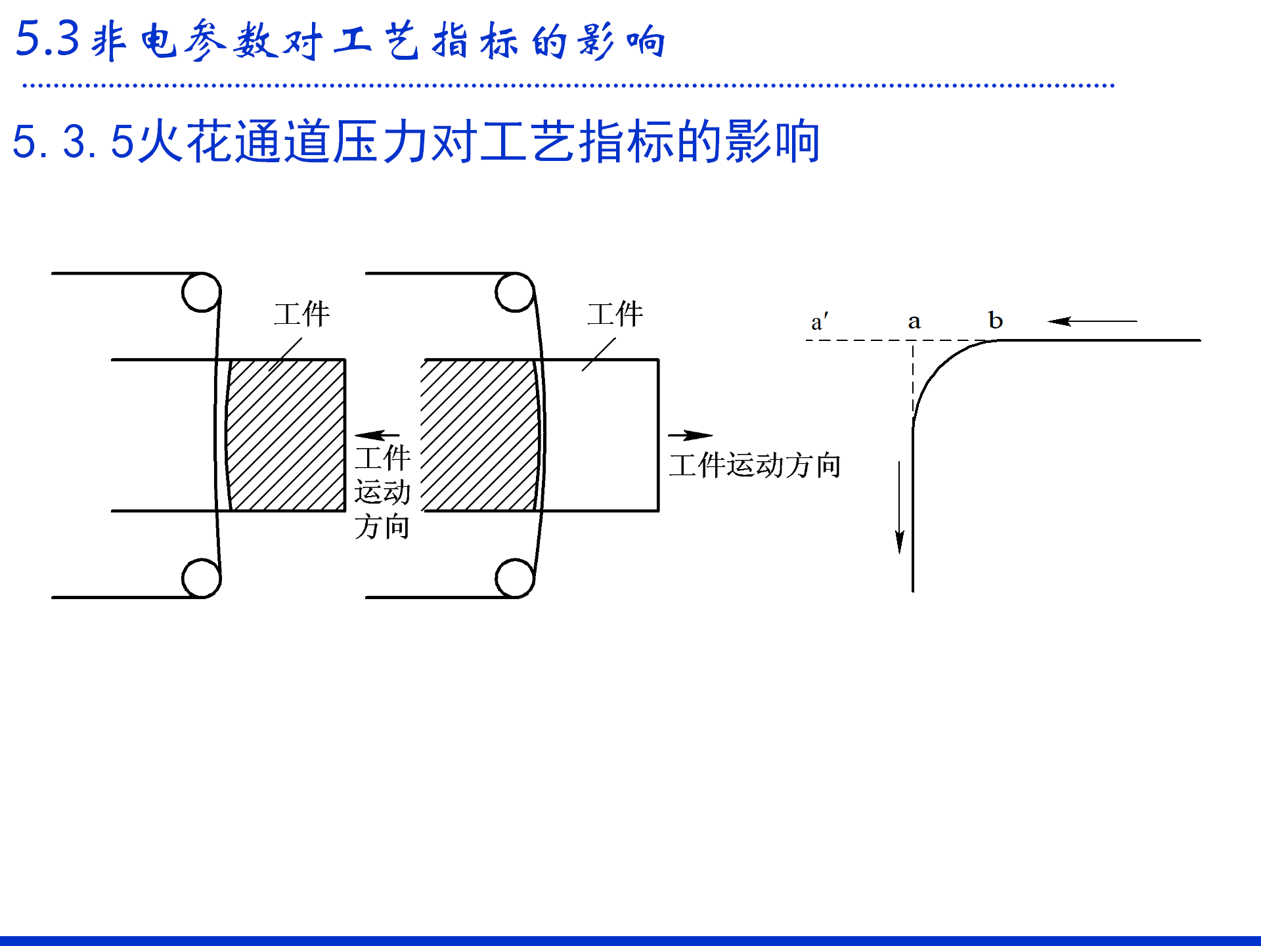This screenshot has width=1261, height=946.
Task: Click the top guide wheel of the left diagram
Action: pyautogui.click(x=201, y=292)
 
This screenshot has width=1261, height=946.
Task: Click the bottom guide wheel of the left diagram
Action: pyautogui.click(x=201, y=578)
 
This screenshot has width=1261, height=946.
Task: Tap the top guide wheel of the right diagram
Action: pyautogui.click(x=515, y=292)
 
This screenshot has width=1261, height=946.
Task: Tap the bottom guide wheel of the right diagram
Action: pyautogui.click(x=515, y=578)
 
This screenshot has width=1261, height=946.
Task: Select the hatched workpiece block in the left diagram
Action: pyautogui.click(x=286, y=435)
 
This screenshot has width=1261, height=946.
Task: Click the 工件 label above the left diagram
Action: pyautogui.click(x=301, y=315)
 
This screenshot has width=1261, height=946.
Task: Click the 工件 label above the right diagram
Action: pyautogui.click(x=615, y=315)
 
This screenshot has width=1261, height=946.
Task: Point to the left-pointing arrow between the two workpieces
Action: pyautogui.click(x=377, y=435)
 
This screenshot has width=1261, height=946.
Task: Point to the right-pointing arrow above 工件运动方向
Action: pyautogui.click(x=690, y=435)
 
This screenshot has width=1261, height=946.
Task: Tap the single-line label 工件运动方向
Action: pyautogui.click(x=755, y=465)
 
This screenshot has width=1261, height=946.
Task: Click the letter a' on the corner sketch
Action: pyautogui.click(x=819, y=322)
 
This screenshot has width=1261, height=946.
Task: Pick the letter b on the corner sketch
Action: pyautogui.click(x=995, y=321)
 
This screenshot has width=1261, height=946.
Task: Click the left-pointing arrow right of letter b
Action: pyautogui.click(x=1092, y=321)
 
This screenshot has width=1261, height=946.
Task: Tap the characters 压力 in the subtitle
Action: pyautogui.click(x=358, y=141)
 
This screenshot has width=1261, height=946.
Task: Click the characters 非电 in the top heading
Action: pyautogui.click(x=134, y=41)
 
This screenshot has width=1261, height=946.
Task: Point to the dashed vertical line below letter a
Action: pyautogui.click(x=913, y=378)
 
